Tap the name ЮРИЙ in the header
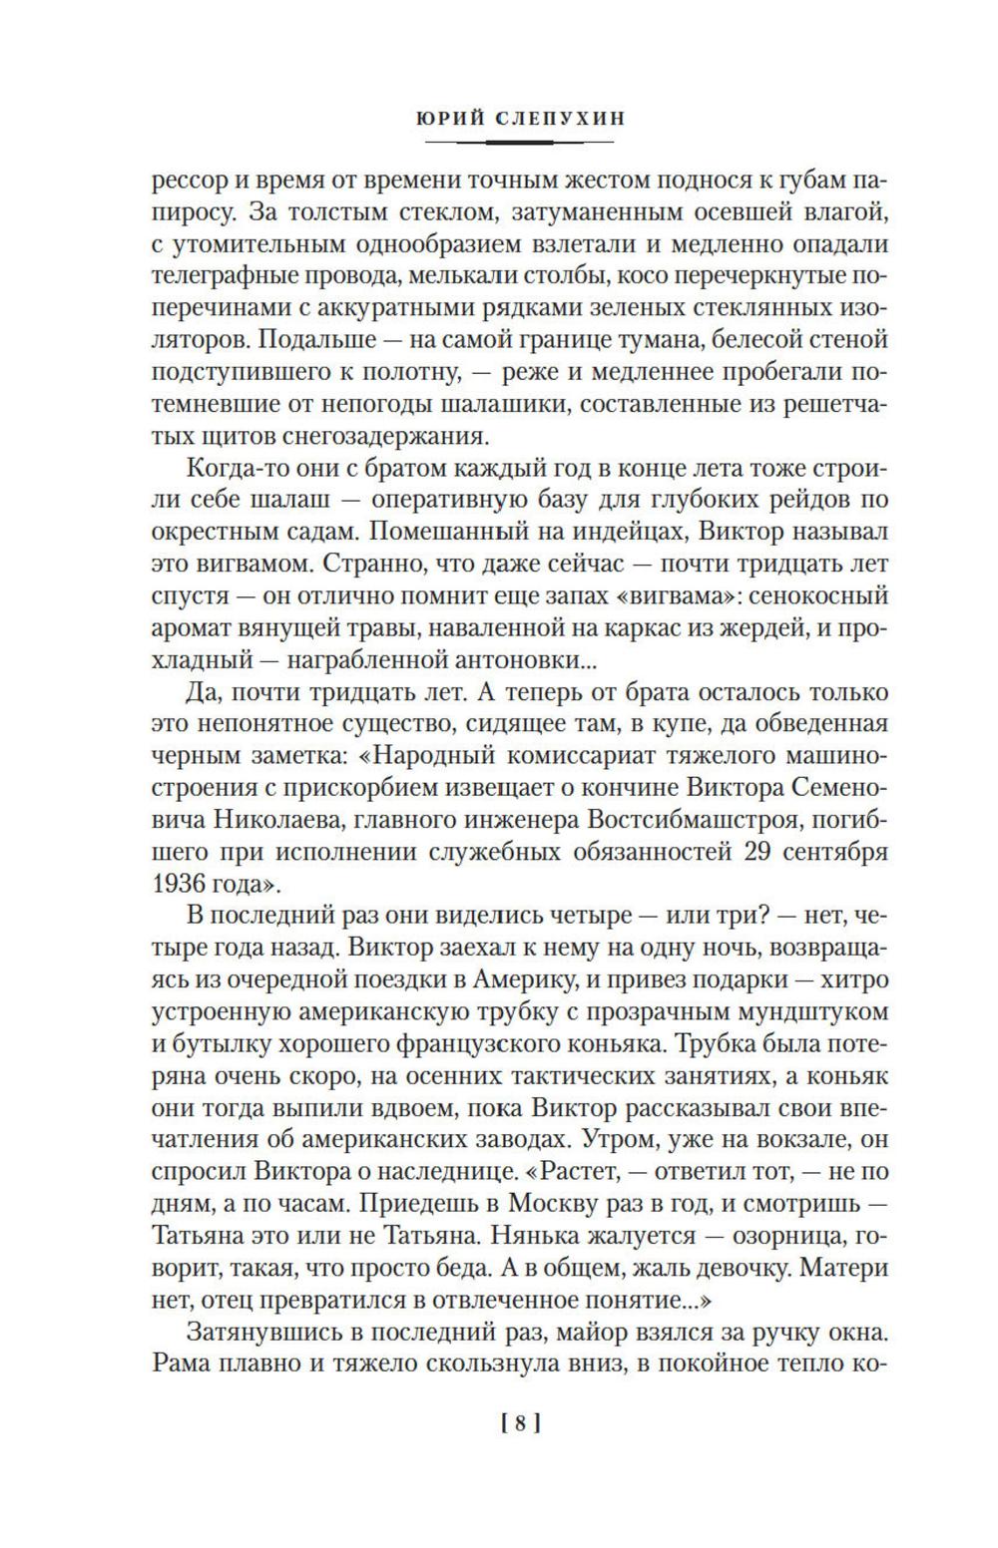pos(444,118)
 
